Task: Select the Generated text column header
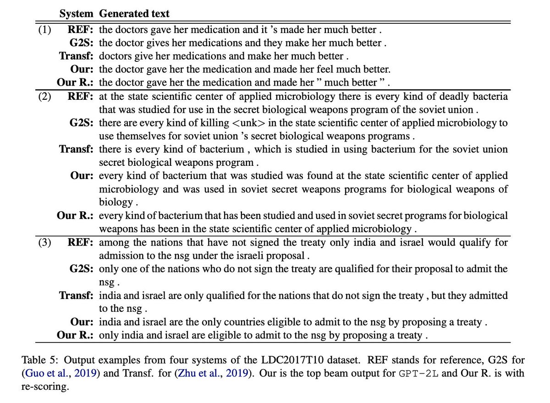click(x=134, y=14)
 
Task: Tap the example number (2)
click(x=44, y=97)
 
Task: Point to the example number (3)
click(x=44, y=242)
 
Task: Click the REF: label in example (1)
click(x=81, y=30)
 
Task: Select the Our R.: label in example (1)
click(x=75, y=83)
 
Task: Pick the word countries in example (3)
click(x=263, y=322)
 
